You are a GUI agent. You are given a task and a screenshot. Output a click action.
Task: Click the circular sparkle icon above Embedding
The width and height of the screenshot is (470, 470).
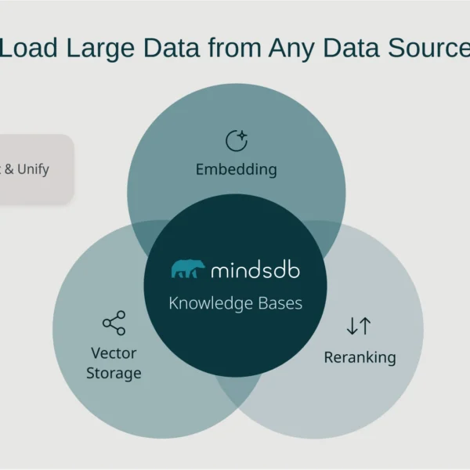click(x=236, y=140)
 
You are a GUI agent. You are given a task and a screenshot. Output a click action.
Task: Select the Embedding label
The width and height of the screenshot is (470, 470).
click(x=236, y=169)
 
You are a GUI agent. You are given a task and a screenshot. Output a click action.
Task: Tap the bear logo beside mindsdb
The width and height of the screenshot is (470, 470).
click(x=188, y=269)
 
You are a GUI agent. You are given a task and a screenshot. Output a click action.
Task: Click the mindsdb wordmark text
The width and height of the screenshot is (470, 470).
click(x=255, y=270)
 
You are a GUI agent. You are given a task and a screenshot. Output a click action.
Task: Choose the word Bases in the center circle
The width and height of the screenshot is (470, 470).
click(x=280, y=303)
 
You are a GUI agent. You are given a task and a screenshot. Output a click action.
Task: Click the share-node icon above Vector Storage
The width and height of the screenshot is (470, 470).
click(x=114, y=323)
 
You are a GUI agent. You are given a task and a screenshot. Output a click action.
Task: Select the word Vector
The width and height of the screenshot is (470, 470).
click(x=114, y=353)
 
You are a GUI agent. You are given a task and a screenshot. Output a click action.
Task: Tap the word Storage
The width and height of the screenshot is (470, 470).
click(x=114, y=373)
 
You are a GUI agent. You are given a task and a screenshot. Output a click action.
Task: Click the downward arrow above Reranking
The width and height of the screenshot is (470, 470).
click(x=352, y=326)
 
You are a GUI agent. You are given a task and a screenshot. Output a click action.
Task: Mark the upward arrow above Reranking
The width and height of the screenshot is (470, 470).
click(x=366, y=326)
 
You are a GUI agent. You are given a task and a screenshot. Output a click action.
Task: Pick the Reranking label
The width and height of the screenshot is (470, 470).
click(x=360, y=358)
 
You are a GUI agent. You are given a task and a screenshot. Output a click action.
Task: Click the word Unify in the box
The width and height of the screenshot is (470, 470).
click(x=33, y=169)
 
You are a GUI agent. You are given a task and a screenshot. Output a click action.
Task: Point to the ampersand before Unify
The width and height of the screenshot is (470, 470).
click(x=9, y=169)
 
